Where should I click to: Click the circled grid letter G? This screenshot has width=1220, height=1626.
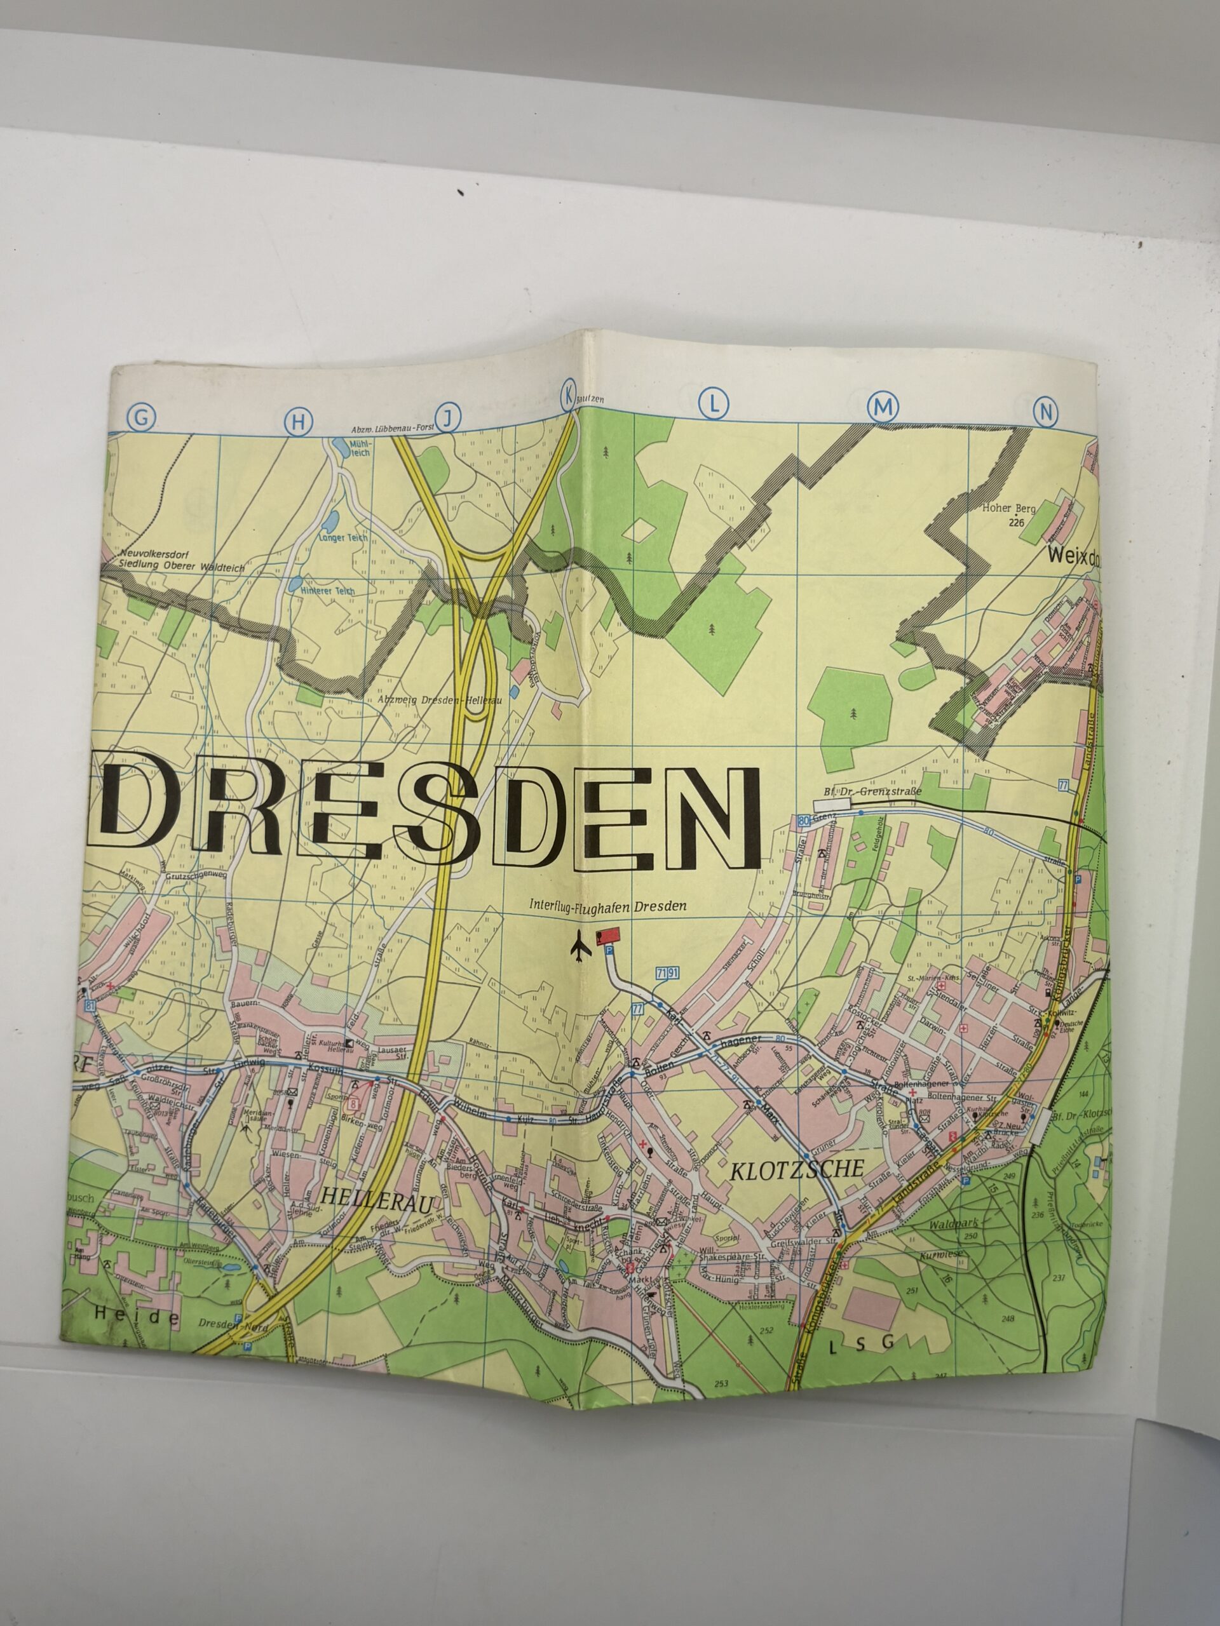142,417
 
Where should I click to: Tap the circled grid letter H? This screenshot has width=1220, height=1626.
298,420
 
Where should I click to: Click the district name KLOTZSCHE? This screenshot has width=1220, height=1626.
796,1171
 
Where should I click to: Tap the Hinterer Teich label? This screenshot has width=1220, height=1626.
327,591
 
